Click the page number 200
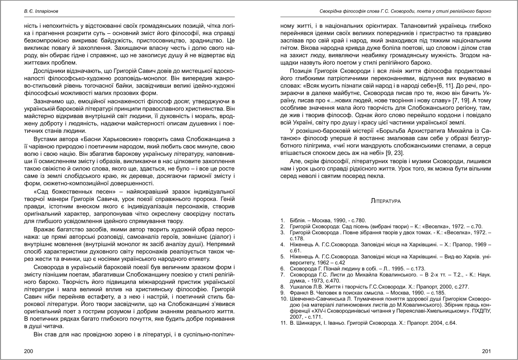click(x=29, y=351)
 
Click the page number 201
click(x=487, y=351)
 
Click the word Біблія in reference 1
click(x=298, y=220)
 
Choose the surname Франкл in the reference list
click(x=299, y=293)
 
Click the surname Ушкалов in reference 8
click(x=301, y=287)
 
